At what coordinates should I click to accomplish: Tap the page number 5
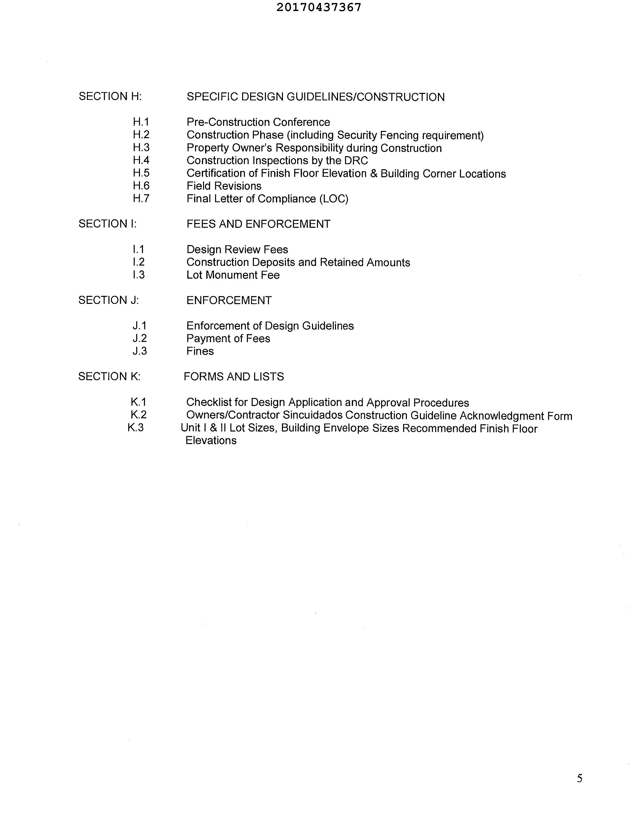click(579, 778)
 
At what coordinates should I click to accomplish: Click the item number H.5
click(141, 173)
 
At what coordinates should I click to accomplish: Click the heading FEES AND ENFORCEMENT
click(258, 224)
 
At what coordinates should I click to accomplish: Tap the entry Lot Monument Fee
click(233, 275)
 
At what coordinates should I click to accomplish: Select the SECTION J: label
click(109, 300)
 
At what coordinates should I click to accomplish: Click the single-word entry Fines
click(200, 351)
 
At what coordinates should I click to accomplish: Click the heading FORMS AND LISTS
click(234, 376)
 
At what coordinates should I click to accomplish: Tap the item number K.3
click(135, 428)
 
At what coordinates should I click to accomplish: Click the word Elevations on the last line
click(211, 441)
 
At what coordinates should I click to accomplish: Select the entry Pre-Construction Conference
click(258, 122)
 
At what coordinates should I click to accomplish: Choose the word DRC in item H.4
click(356, 160)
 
